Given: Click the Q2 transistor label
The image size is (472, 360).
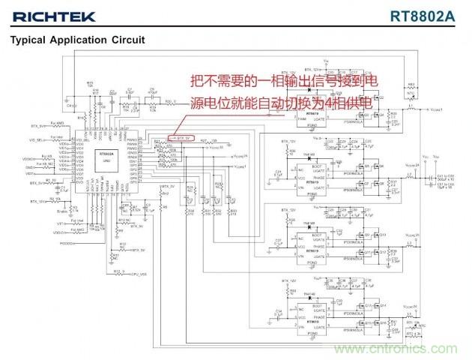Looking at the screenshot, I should [381, 98].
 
